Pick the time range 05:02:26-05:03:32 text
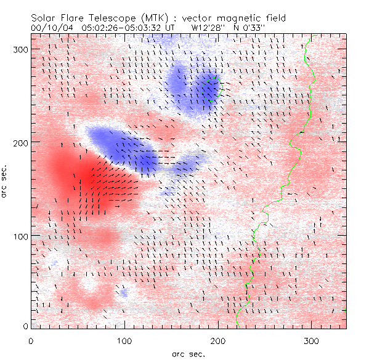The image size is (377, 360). (128, 28)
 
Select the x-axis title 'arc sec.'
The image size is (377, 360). (188, 353)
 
